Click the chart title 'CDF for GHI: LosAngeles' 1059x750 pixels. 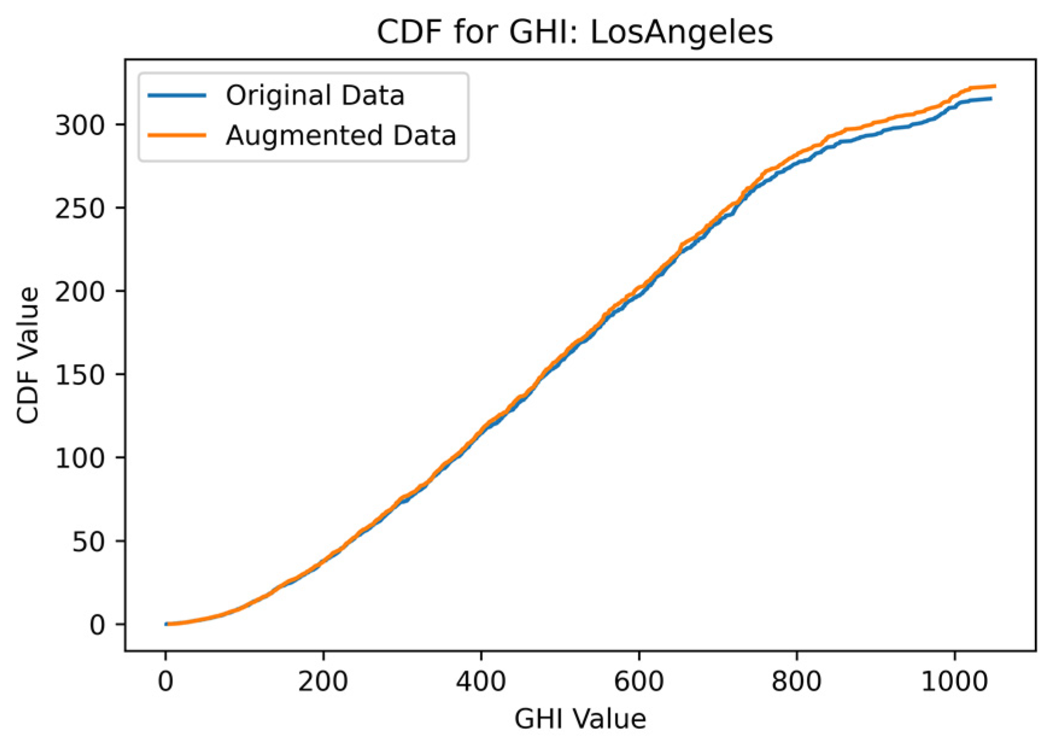click(x=574, y=32)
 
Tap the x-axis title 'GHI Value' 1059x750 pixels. click(x=580, y=719)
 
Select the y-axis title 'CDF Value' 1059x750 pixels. click(x=28, y=355)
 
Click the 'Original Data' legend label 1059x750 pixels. click(x=315, y=96)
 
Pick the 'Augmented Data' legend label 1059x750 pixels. click(x=341, y=136)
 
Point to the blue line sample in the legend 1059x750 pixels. click(x=178, y=96)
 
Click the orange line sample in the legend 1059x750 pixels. click(x=178, y=136)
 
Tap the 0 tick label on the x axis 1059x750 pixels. click(x=165, y=681)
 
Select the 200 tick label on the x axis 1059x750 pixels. click(x=323, y=681)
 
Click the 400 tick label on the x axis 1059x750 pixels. click(x=481, y=681)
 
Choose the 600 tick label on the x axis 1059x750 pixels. click(x=639, y=681)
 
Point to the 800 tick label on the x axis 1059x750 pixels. click(x=797, y=681)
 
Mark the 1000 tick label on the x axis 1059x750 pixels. click(x=955, y=681)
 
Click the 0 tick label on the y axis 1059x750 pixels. click(x=97, y=625)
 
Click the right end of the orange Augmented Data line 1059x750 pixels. click(x=995, y=86)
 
